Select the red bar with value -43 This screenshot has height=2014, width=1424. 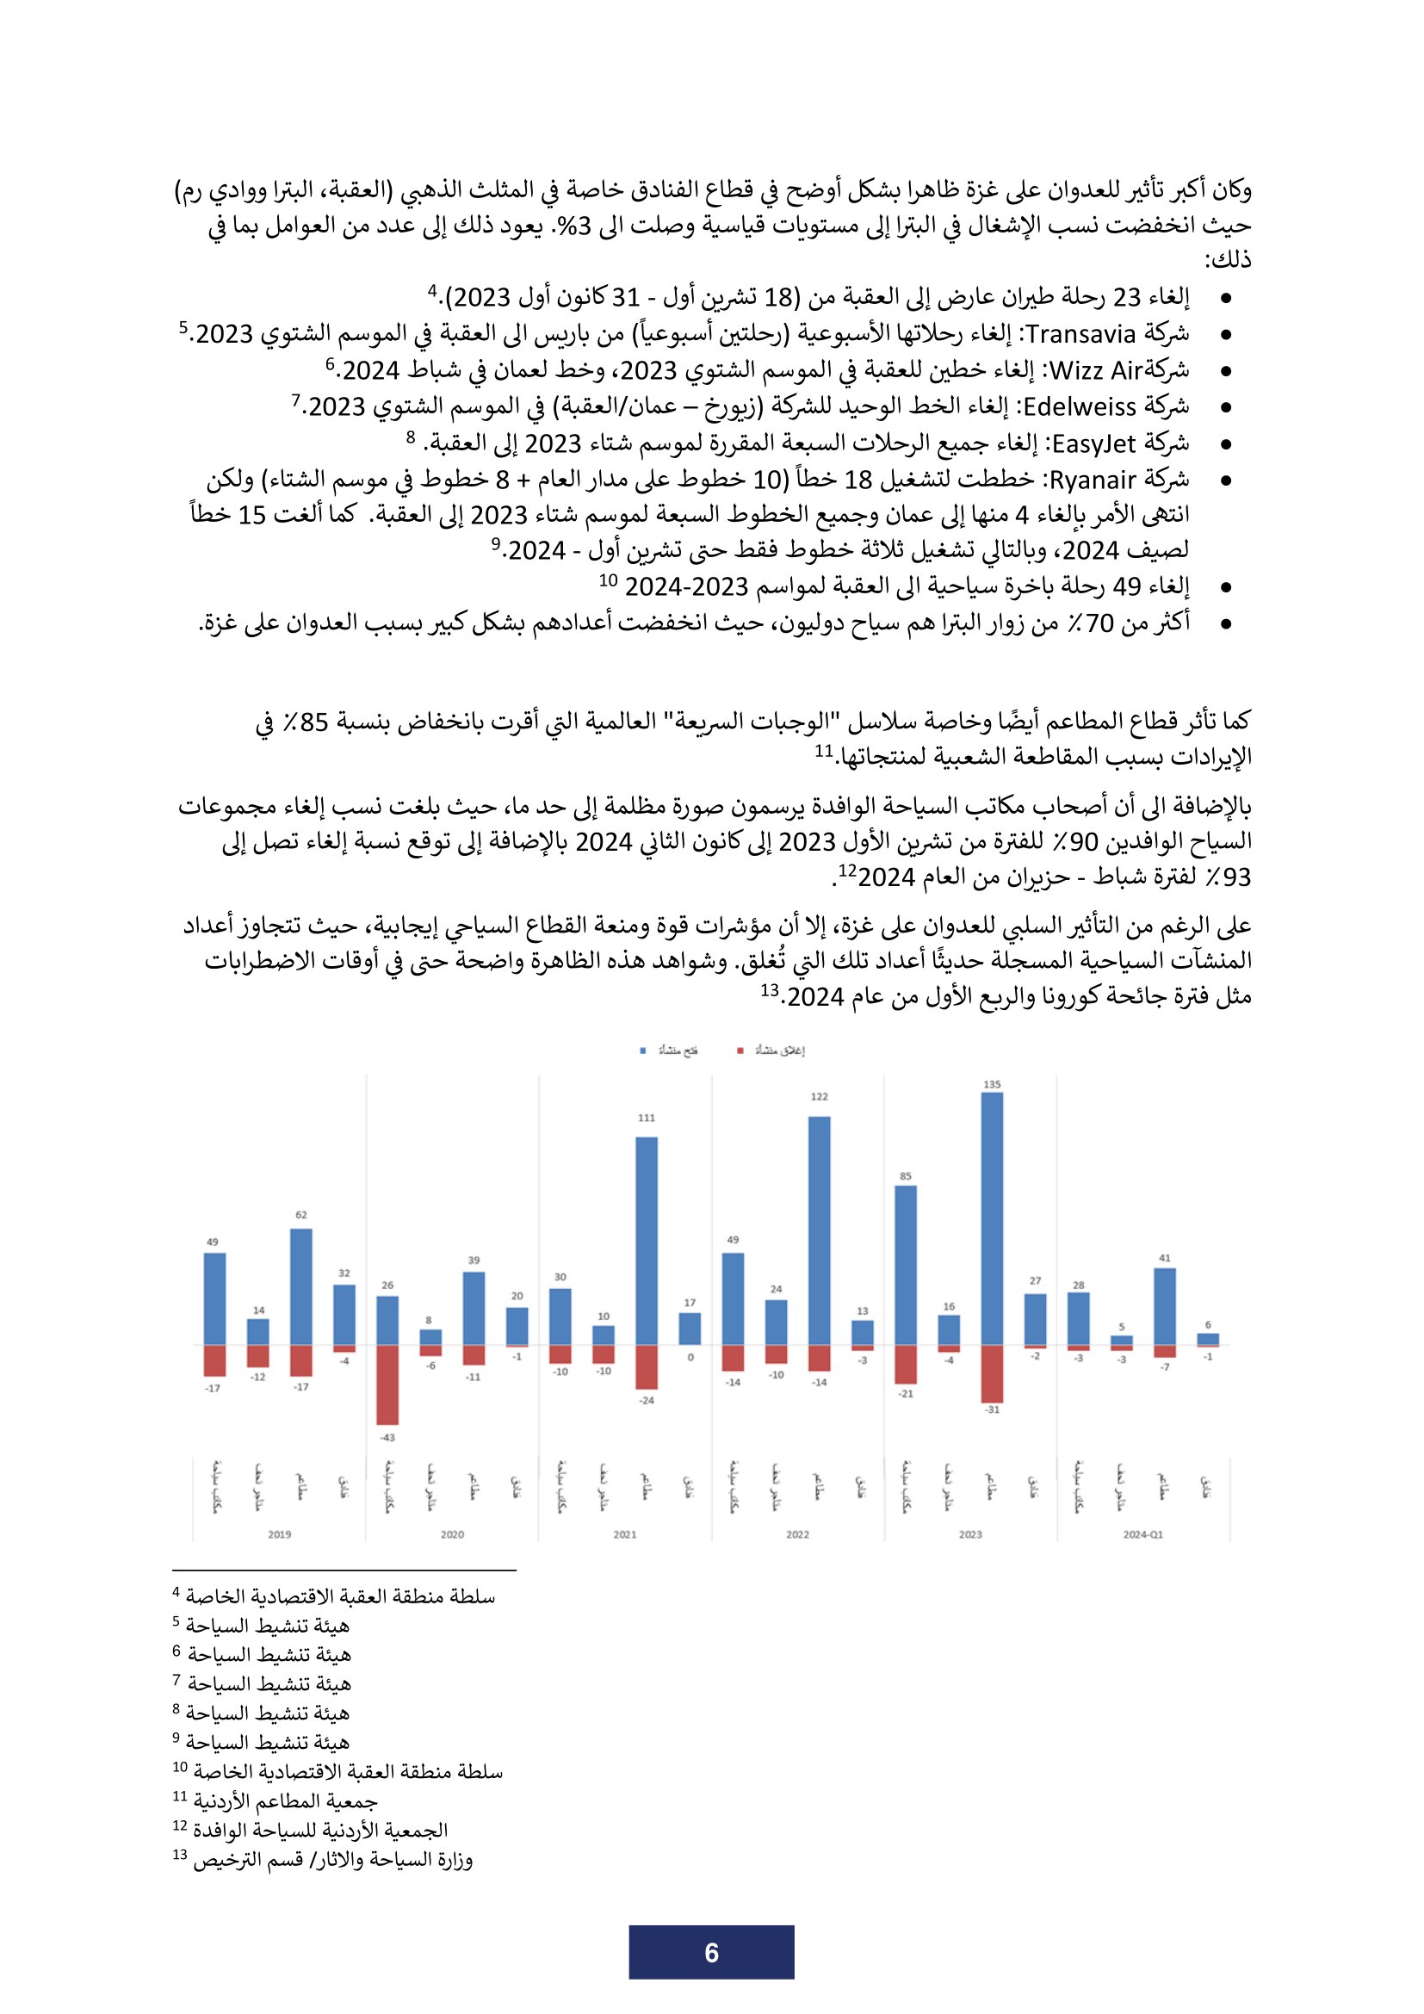tap(387, 1385)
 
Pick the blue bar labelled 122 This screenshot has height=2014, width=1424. tap(819, 1230)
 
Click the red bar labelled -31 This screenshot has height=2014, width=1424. tap(992, 1373)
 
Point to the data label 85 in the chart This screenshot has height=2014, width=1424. tap(906, 1176)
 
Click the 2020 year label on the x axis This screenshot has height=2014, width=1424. tap(453, 1534)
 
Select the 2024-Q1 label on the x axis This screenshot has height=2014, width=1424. tap(1142, 1534)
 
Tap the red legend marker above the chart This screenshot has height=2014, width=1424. tap(740, 1050)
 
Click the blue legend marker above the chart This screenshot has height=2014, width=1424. tap(643, 1050)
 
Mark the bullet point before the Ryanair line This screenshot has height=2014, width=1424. tap(1226, 480)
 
